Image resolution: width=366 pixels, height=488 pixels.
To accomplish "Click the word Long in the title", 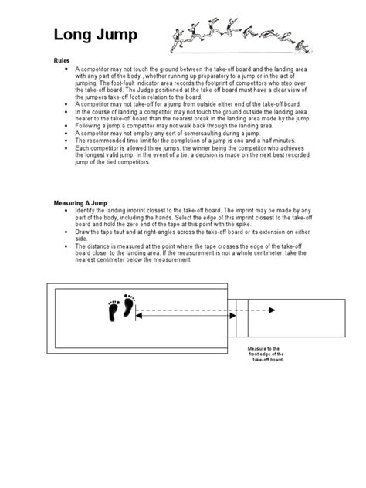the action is (71, 35).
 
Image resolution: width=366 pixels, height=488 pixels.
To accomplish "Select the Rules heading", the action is (62, 59).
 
